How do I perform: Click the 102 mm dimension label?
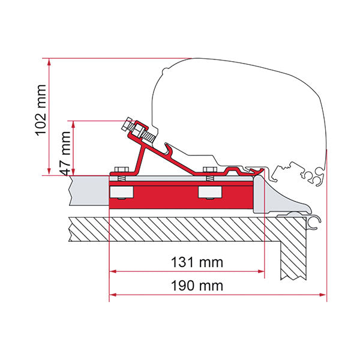pos(40,116)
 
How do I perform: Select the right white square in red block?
pos(209,192)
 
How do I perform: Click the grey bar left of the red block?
pos(89,189)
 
